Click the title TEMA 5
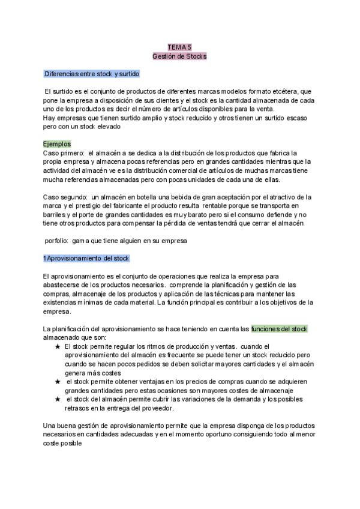(x=179, y=46)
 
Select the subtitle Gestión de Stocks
(x=179, y=56)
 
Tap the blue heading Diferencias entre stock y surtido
(x=92, y=74)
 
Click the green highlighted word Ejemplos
(x=57, y=144)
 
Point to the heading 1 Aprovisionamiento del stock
(x=86, y=258)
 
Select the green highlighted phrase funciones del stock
(x=279, y=329)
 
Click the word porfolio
(x=57, y=241)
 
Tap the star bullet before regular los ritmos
(x=57, y=347)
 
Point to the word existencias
(x=62, y=303)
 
